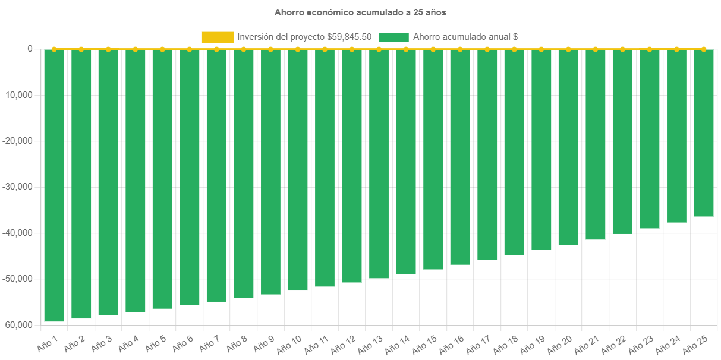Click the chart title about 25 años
tap(360, 12)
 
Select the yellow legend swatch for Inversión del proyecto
tap(218, 37)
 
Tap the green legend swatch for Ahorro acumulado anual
tap(393, 37)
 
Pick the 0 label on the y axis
tap(30, 49)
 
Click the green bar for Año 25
tap(704, 133)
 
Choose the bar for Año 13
tap(379, 164)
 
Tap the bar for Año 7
tap(216, 176)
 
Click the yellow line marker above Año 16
tap(460, 49)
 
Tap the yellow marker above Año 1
tap(54, 49)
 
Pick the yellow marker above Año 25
tap(704, 49)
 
